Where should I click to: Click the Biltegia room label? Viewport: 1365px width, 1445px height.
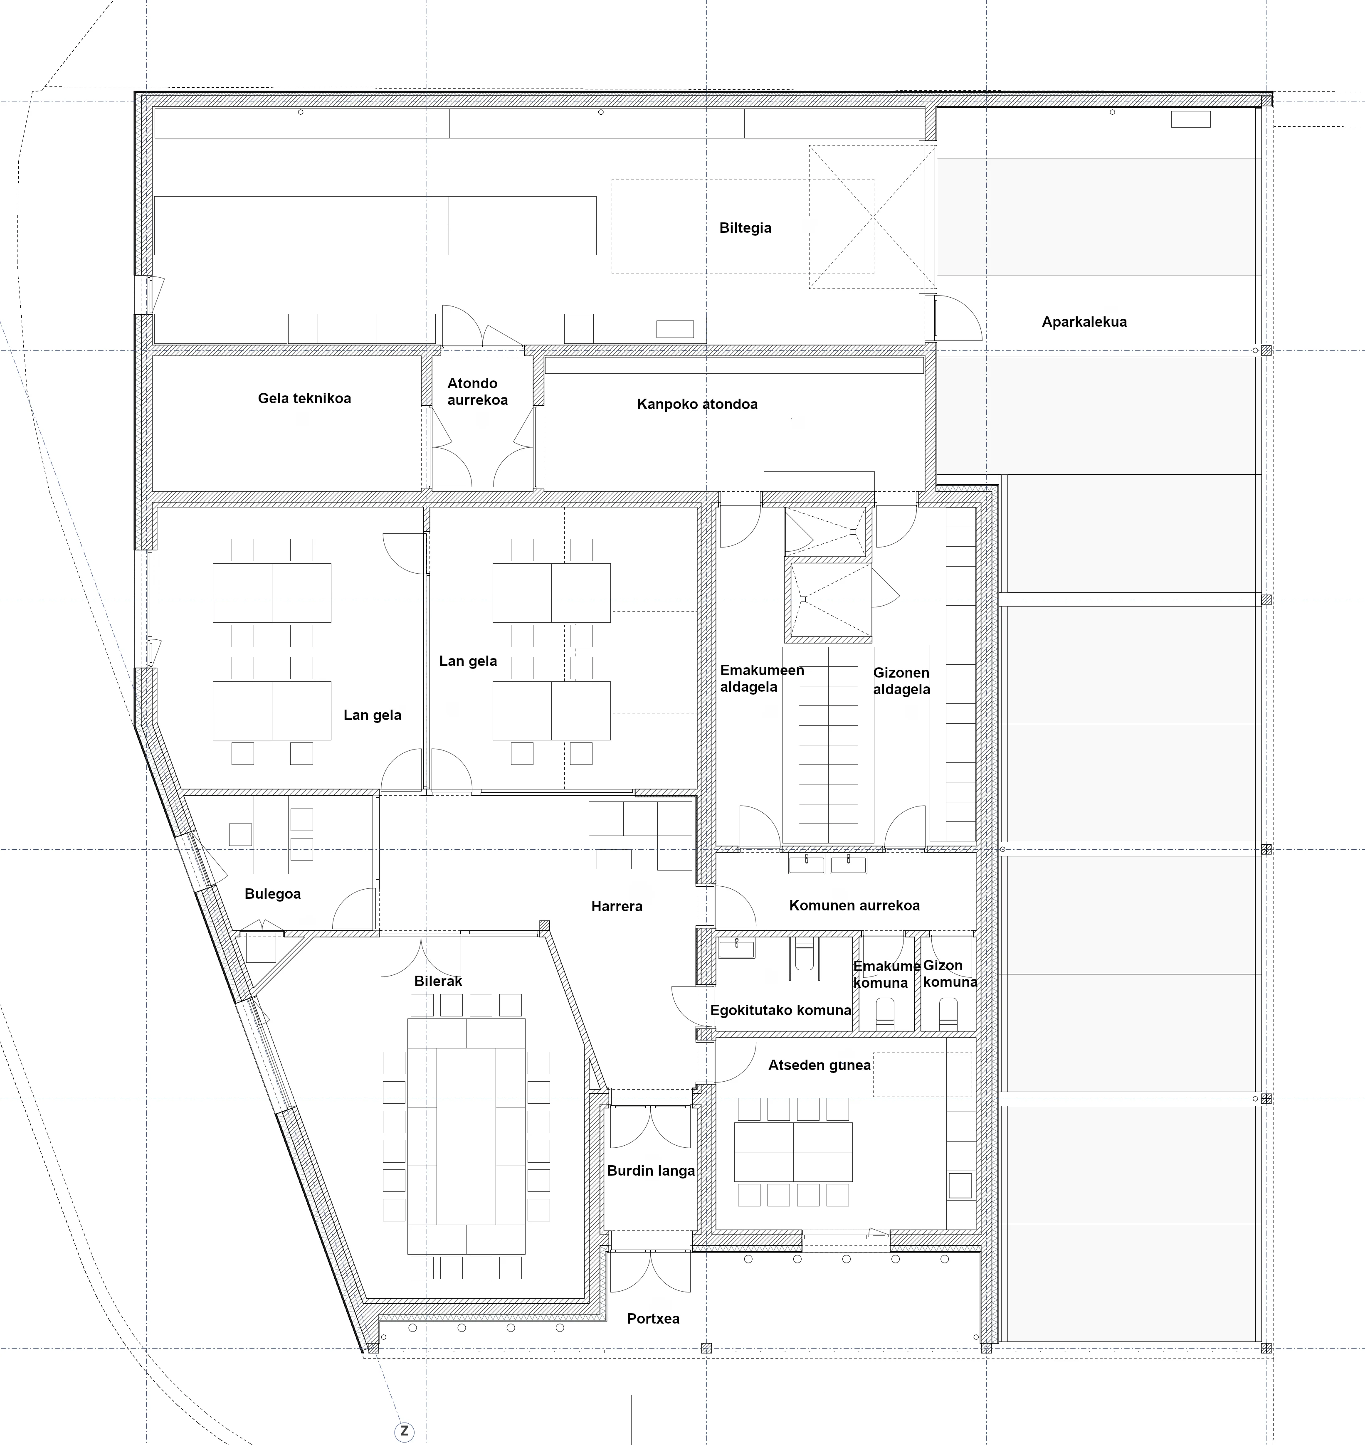point(745,228)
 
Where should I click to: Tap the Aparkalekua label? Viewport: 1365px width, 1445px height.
point(1084,322)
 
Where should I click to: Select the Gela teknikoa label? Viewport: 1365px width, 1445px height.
point(304,398)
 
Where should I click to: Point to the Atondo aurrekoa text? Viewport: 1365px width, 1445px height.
point(477,392)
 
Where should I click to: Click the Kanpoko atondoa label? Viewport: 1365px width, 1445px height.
point(697,404)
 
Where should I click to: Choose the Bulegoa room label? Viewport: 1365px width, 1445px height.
point(273,893)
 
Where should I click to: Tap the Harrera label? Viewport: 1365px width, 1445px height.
point(617,906)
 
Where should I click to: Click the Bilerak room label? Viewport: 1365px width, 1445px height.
point(438,981)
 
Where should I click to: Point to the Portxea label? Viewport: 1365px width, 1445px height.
point(654,1318)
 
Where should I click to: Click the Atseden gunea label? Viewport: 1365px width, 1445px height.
point(819,1065)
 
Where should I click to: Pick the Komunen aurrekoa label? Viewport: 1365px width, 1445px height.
point(854,905)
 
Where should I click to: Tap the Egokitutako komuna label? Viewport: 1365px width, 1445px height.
point(781,1010)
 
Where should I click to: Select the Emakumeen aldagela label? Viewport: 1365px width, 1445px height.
point(762,678)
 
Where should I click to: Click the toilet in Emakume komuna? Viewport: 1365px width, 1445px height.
point(885,1013)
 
